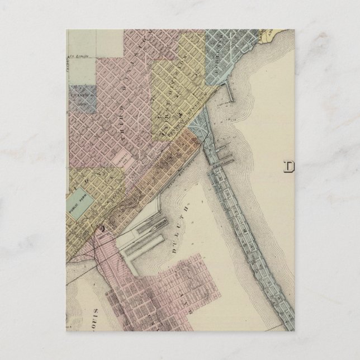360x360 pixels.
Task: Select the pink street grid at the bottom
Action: click(157, 302)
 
